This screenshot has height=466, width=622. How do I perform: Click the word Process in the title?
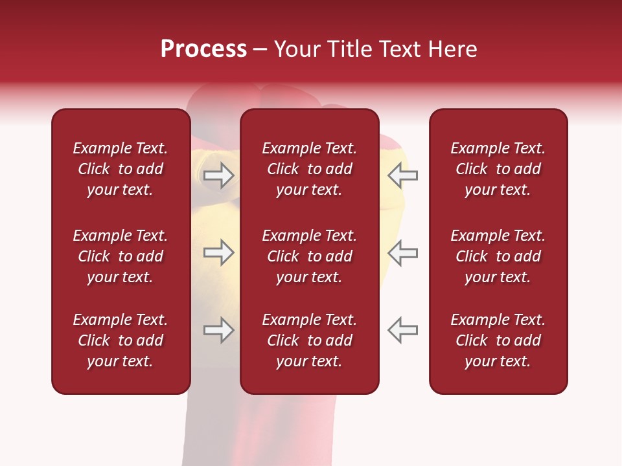203,49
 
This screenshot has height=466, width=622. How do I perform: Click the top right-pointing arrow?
219,175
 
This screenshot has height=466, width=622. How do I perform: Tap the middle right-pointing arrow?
219,252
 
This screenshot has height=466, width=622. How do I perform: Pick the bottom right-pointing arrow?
219,330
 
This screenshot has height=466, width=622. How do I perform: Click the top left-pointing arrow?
403,175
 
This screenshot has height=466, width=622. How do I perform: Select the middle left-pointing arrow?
403,252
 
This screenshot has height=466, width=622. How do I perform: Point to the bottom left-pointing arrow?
403,330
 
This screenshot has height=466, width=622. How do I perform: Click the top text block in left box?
121,169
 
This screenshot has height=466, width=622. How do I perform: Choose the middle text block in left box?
121,256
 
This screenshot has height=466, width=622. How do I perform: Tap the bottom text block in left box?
121,340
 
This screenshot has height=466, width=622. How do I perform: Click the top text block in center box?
309,169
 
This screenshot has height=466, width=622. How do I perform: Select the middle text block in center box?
309,256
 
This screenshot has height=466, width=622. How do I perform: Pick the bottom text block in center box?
309,340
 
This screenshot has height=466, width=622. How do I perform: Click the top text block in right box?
498,169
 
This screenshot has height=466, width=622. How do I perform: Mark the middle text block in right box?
498,256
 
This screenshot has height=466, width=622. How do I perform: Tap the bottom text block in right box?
498,340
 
